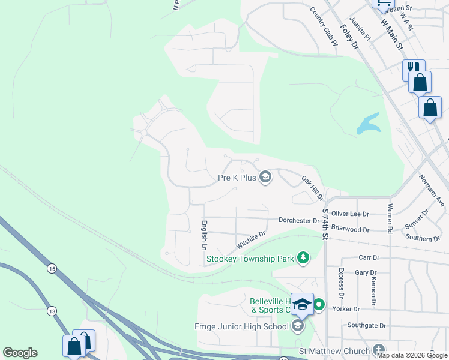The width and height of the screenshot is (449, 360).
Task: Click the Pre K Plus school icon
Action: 265,177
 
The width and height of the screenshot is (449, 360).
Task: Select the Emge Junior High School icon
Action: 298,326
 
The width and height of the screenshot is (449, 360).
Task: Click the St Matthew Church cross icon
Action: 378,350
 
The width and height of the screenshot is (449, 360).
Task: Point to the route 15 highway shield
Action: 52,269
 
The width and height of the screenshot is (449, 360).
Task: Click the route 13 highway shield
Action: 52,311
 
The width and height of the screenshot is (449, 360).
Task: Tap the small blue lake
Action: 368,124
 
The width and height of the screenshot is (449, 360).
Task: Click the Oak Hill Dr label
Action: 312,188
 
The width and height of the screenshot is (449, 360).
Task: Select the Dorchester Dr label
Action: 299,220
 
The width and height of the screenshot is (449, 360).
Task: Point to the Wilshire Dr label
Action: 251,241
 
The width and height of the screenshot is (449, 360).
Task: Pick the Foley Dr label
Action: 349,37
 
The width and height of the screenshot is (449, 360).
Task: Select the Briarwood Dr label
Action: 350,229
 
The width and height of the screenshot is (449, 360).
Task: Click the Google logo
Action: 20,353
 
